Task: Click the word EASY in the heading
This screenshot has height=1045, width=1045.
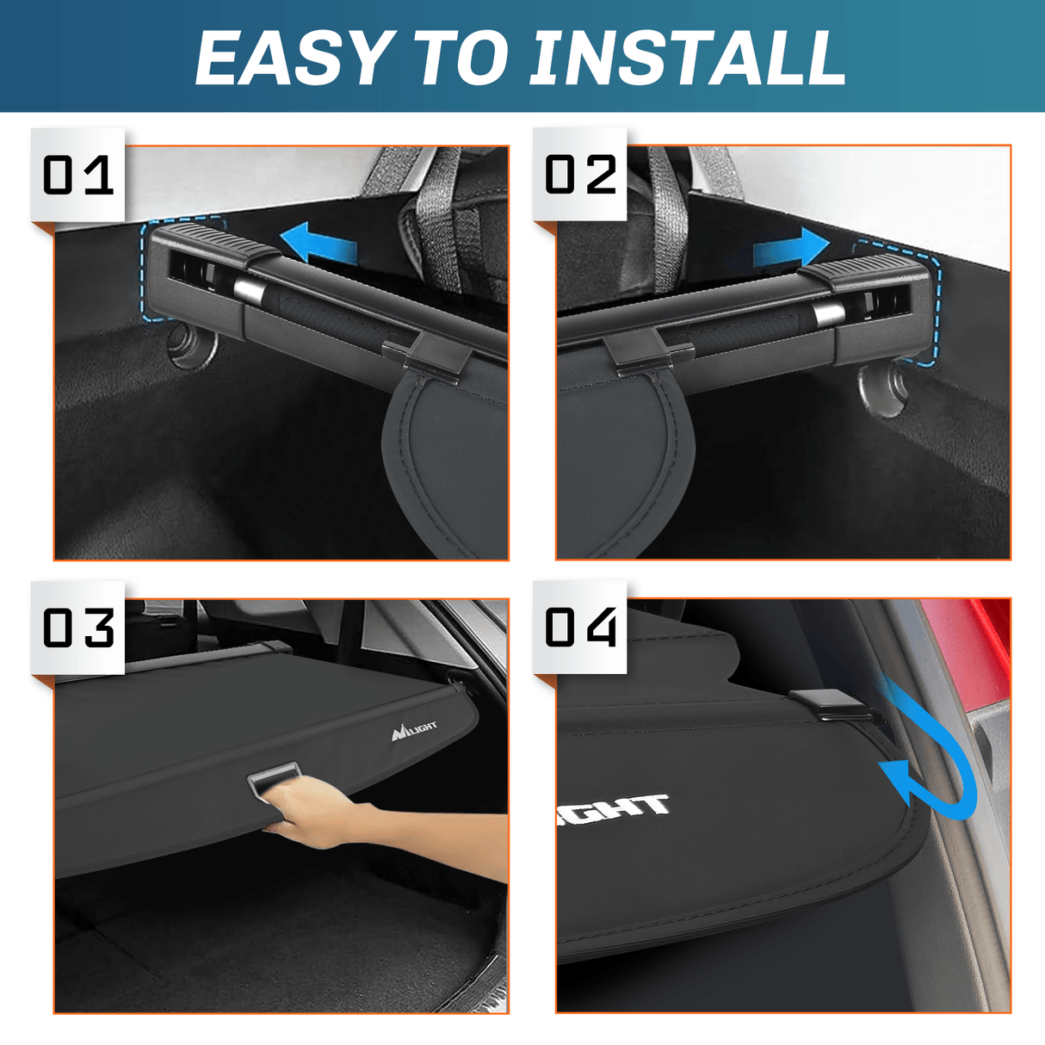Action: [294, 59]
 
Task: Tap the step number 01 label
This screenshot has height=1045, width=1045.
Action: [78, 176]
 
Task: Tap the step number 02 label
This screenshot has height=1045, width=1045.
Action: [581, 176]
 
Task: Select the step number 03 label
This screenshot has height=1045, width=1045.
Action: [78, 628]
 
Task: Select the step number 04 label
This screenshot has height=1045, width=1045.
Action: [581, 628]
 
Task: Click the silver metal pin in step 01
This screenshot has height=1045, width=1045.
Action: [249, 290]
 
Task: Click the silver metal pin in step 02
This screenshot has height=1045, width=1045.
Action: [825, 314]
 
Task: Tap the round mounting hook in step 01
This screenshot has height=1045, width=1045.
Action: [189, 345]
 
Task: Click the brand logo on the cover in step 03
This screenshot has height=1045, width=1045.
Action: [414, 731]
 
